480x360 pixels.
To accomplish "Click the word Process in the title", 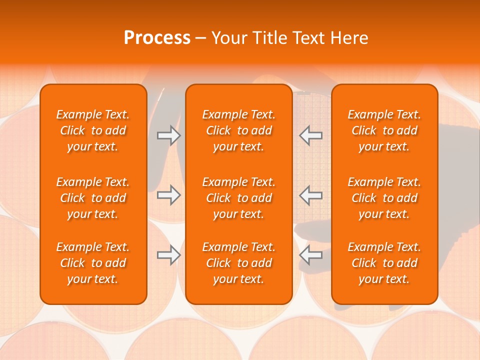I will pyautogui.click(x=157, y=38).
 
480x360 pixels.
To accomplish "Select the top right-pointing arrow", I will pyautogui.click(x=169, y=135).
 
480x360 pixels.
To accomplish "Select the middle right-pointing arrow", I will pyautogui.click(x=169, y=195).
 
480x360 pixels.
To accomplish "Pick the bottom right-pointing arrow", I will pyautogui.click(x=169, y=255).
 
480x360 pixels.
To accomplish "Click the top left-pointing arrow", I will pyautogui.click(x=310, y=135).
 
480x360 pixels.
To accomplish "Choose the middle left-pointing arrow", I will pyautogui.click(x=310, y=195).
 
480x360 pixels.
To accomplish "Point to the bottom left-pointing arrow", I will pyautogui.click(x=310, y=255).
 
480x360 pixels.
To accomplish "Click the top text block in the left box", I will pyautogui.click(x=93, y=130).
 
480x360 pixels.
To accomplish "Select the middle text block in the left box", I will pyautogui.click(x=93, y=198).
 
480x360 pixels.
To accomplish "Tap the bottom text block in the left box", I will pyautogui.click(x=93, y=263).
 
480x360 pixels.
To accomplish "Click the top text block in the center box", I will pyautogui.click(x=238, y=130).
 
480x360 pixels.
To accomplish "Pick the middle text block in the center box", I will pyautogui.click(x=238, y=198).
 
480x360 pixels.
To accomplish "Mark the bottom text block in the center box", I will pyautogui.click(x=238, y=263).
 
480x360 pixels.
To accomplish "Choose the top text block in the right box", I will pyautogui.click(x=384, y=130).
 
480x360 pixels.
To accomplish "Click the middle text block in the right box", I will pyautogui.click(x=384, y=198).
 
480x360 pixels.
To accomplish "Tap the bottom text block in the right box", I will pyautogui.click(x=384, y=263).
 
